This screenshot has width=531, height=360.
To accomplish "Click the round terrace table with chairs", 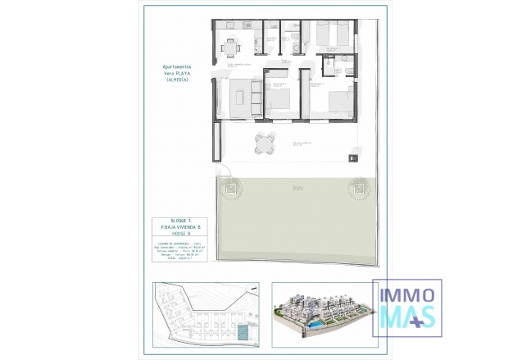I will click(x=264, y=144).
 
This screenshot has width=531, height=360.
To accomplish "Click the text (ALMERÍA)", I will click(x=176, y=80).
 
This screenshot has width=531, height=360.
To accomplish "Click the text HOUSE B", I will click(x=176, y=235).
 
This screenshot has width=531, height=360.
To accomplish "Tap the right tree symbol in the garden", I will click(x=359, y=188).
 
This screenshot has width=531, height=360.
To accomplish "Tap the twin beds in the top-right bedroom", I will click(x=334, y=34).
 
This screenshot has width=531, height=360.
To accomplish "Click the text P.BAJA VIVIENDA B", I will click(x=176, y=229).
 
